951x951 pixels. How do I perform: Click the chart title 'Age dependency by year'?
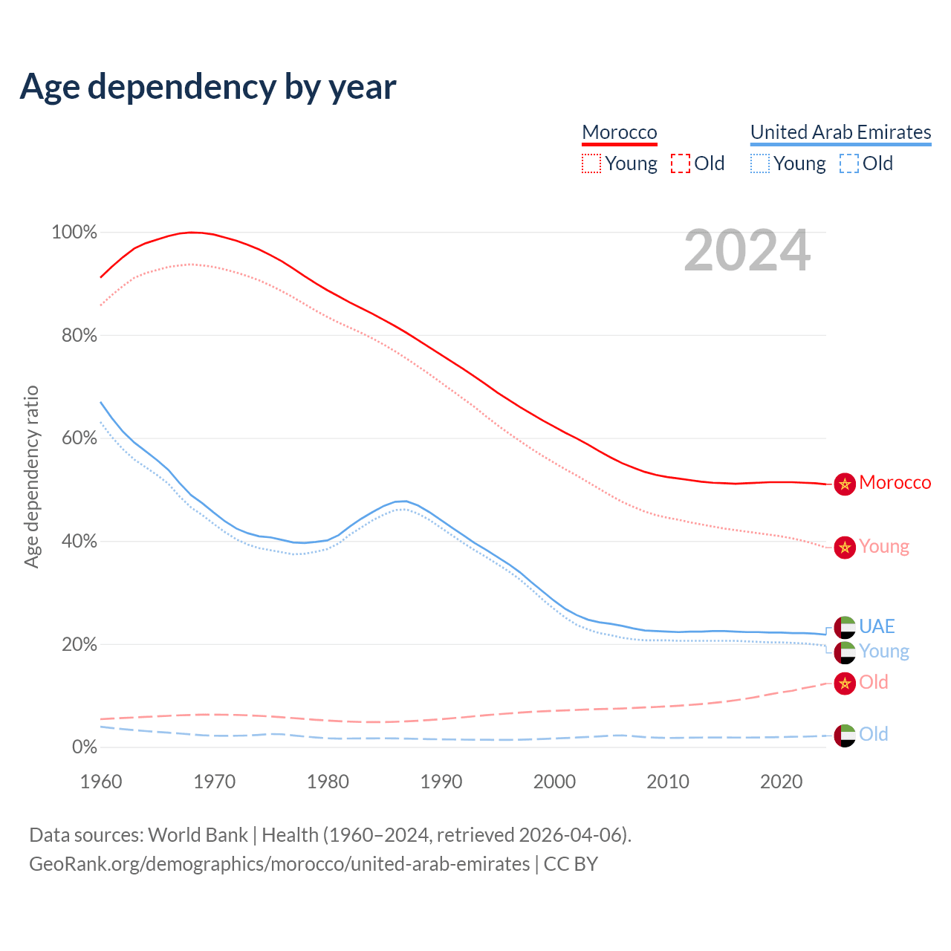tap(208, 87)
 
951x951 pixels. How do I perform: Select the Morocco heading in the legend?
tap(620, 132)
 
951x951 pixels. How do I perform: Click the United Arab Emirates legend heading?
tap(840, 132)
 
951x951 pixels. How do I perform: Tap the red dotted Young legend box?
tap(591, 163)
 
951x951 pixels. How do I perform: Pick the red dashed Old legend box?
tap(680, 163)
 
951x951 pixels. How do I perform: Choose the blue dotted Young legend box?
tap(760, 163)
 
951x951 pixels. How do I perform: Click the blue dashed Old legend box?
tap(848, 163)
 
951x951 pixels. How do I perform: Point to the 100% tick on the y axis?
tap(74, 233)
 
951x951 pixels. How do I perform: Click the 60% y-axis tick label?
tap(79, 438)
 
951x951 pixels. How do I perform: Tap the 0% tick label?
tap(84, 747)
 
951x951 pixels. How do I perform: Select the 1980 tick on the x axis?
tap(328, 782)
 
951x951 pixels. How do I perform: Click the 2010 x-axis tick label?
tap(668, 782)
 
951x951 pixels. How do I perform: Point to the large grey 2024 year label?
tap(747, 251)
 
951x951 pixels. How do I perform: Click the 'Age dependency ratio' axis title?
tap(31, 476)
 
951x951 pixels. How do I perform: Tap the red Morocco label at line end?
tap(895, 483)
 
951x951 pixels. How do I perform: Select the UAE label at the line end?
tap(877, 626)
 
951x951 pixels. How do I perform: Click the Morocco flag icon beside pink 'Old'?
tap(845, 683)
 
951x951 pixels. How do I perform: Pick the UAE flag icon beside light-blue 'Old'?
tap(845, 735)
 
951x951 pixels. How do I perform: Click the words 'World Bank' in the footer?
tap(198, 835)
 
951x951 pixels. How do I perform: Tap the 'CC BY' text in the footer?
tap(571, 864)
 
